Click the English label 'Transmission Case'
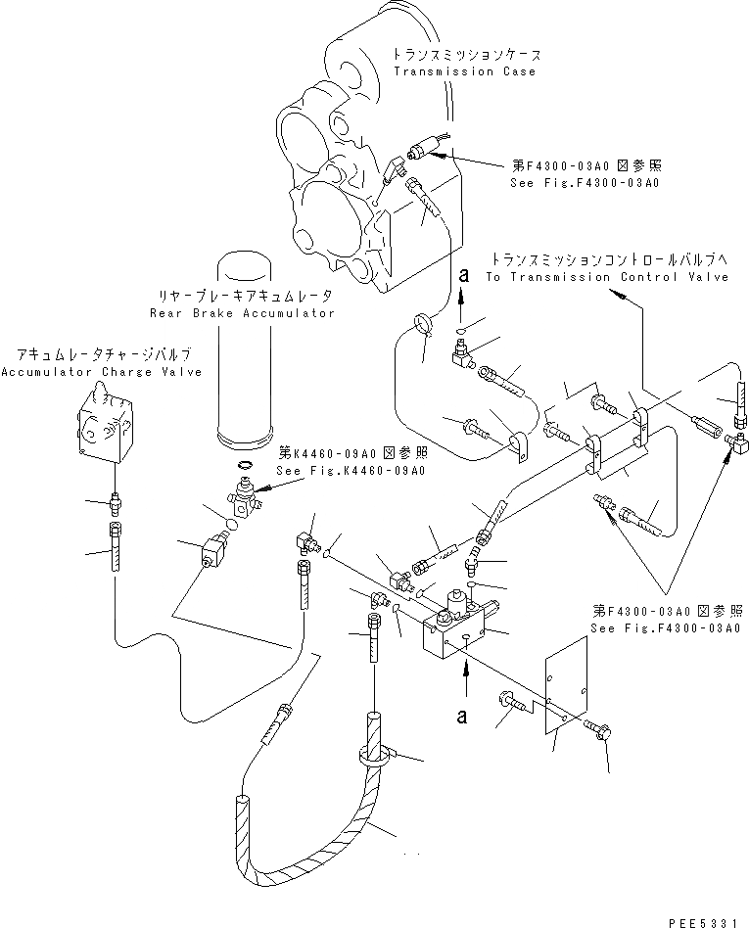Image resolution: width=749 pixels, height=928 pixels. click(464, 72)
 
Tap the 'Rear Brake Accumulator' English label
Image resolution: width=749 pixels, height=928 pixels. click(243, 313)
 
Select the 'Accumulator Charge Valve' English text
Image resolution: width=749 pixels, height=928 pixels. click(102, 372)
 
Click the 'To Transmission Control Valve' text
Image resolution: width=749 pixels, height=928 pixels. click(607, 277)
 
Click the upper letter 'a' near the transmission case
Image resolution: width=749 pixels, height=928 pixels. click(461, 277)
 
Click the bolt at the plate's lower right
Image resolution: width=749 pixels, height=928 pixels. click(597, 729)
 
